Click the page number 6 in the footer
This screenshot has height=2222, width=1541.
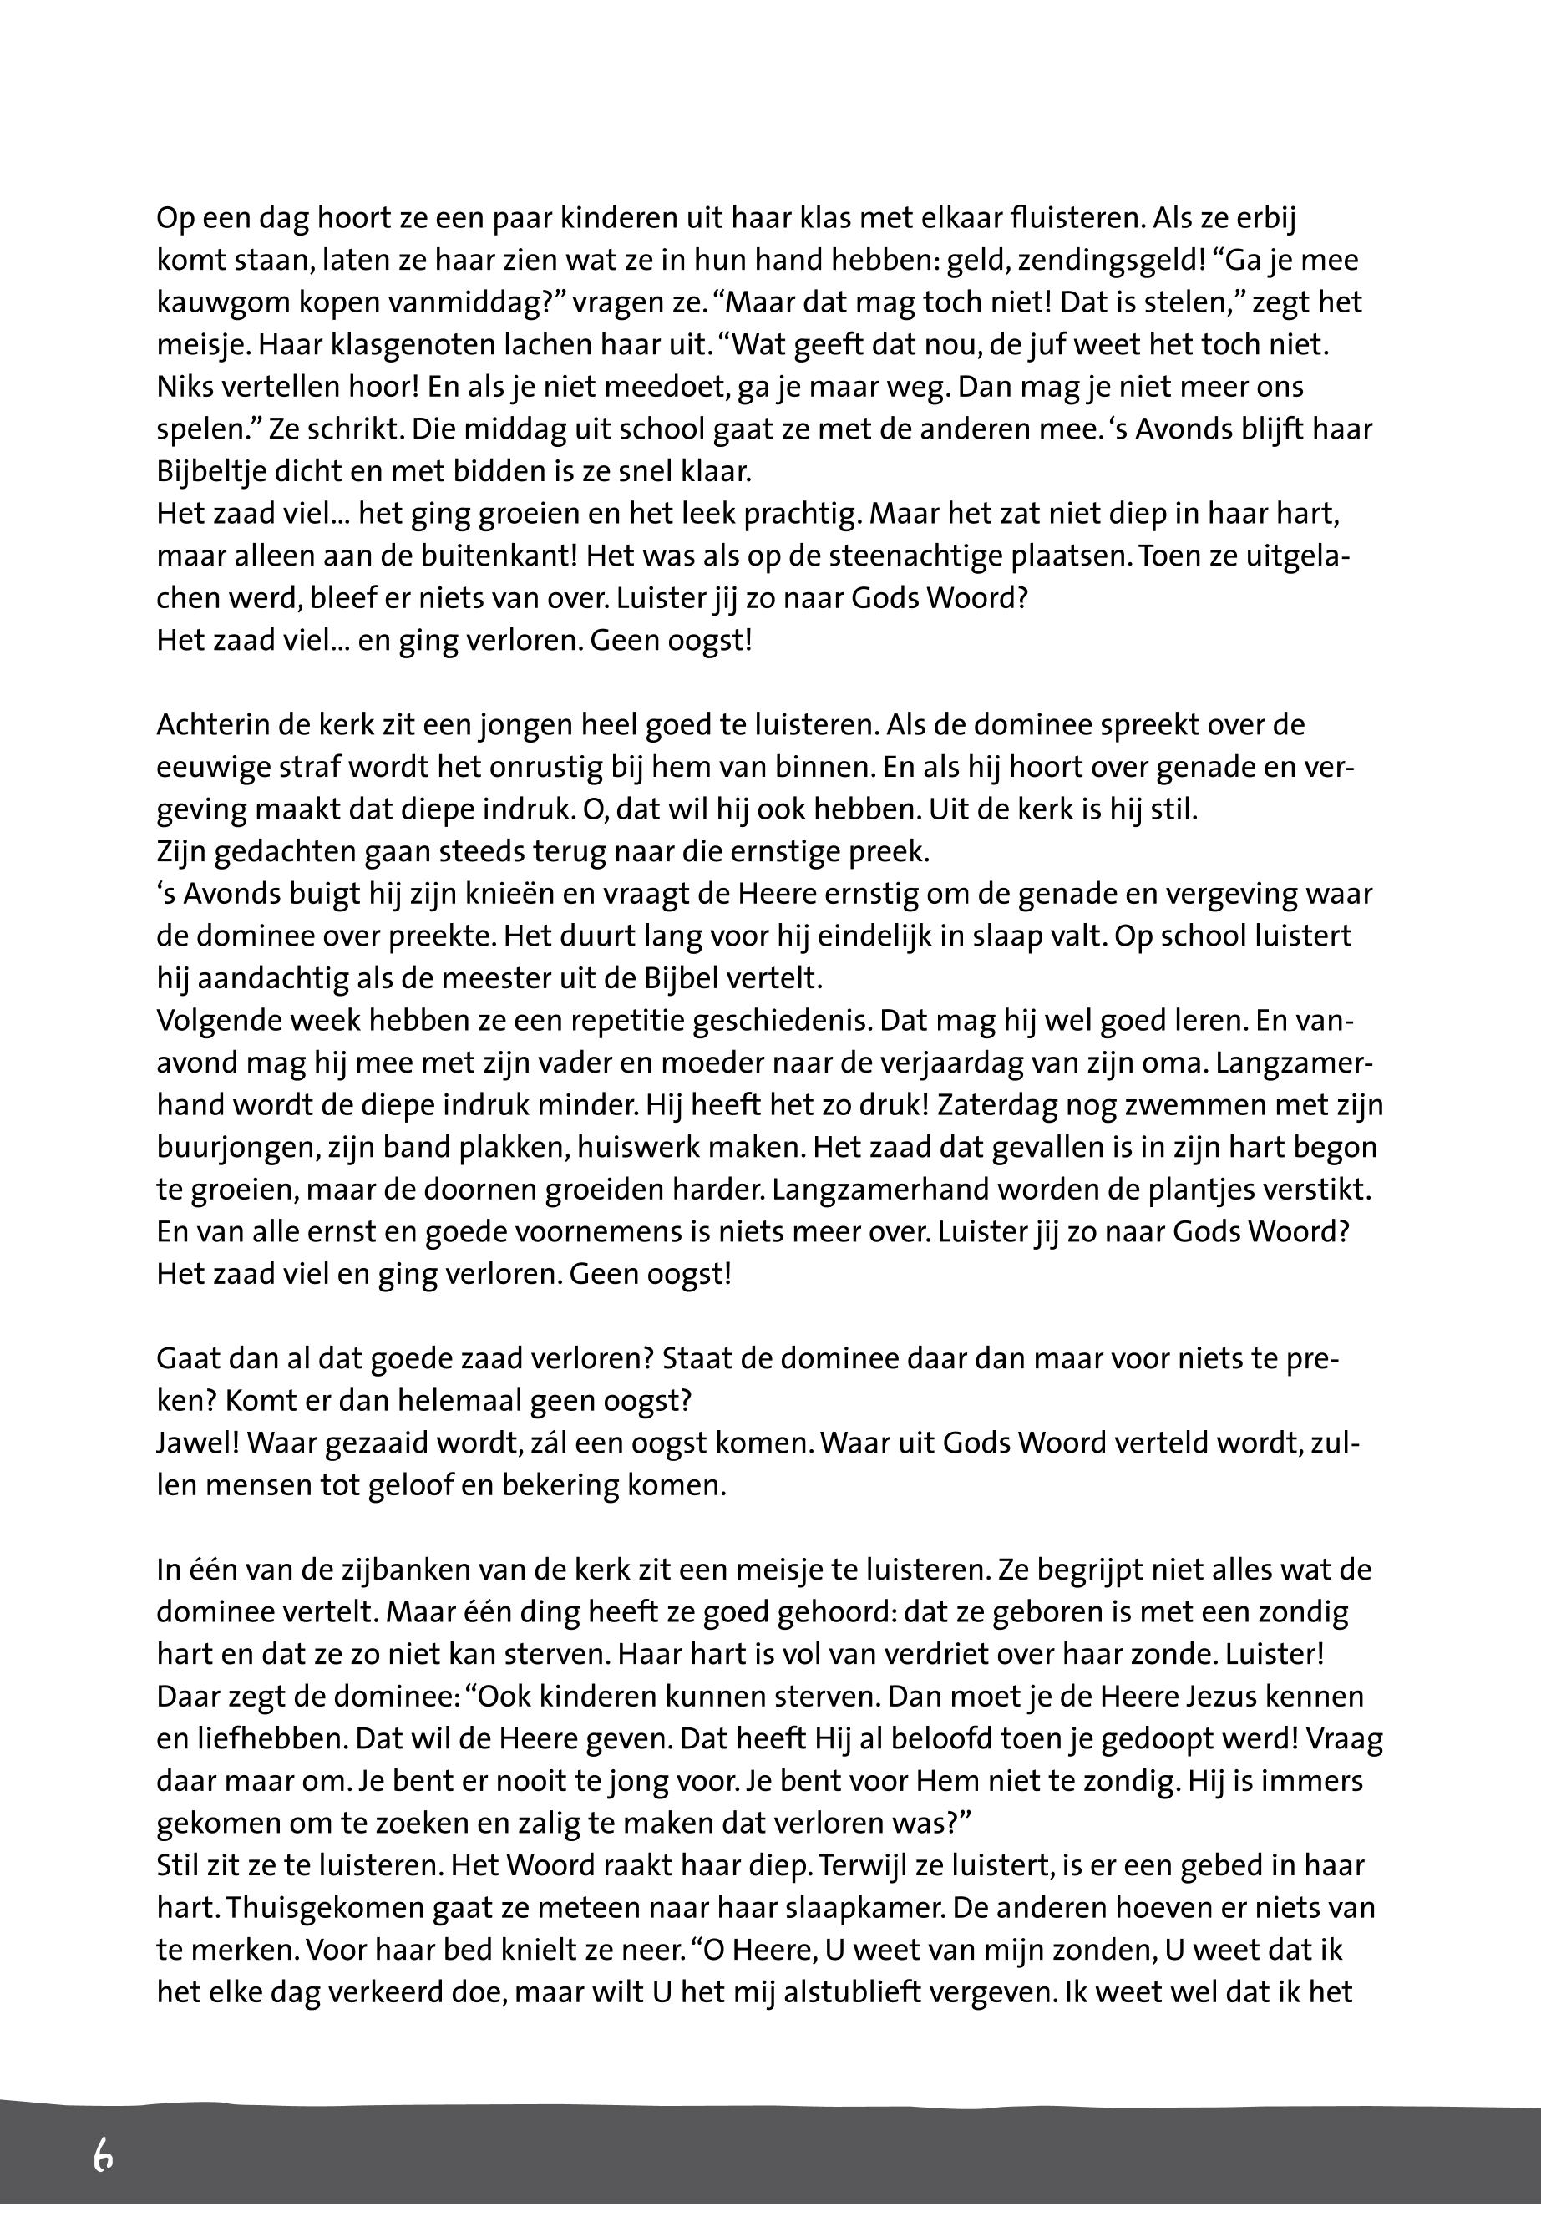tap(104, 2154)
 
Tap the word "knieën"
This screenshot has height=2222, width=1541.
tap(446, 893)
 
